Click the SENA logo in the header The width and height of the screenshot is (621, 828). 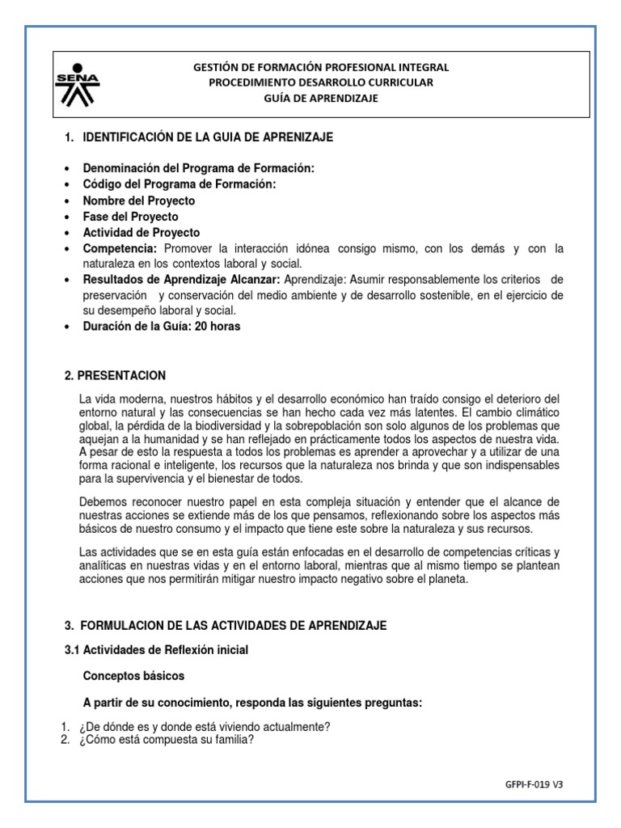(78, 82)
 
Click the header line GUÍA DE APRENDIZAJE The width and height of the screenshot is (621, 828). (321, 99)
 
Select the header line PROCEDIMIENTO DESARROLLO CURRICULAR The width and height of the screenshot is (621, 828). (321, 82)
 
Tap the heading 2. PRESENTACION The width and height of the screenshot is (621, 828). (115, 375)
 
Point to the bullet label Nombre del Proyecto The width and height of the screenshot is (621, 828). (139, 201)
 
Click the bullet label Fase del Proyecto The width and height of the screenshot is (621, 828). (131, 217)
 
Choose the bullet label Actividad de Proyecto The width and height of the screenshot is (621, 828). (142, 233)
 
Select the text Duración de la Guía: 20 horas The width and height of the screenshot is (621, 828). (162, 327)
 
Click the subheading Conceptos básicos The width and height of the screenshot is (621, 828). (133, 675)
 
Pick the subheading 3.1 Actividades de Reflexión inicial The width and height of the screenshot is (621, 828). (156, 649)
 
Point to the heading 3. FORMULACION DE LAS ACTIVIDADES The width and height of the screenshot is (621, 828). (226, 625)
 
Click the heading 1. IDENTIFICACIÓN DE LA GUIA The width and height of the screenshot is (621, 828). (198, 137)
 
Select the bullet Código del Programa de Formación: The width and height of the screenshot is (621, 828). (180, 184)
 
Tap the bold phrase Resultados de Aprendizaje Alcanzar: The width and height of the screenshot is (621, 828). (182, 280)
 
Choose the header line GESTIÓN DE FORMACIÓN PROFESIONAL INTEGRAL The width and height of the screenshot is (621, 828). (321, 67)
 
